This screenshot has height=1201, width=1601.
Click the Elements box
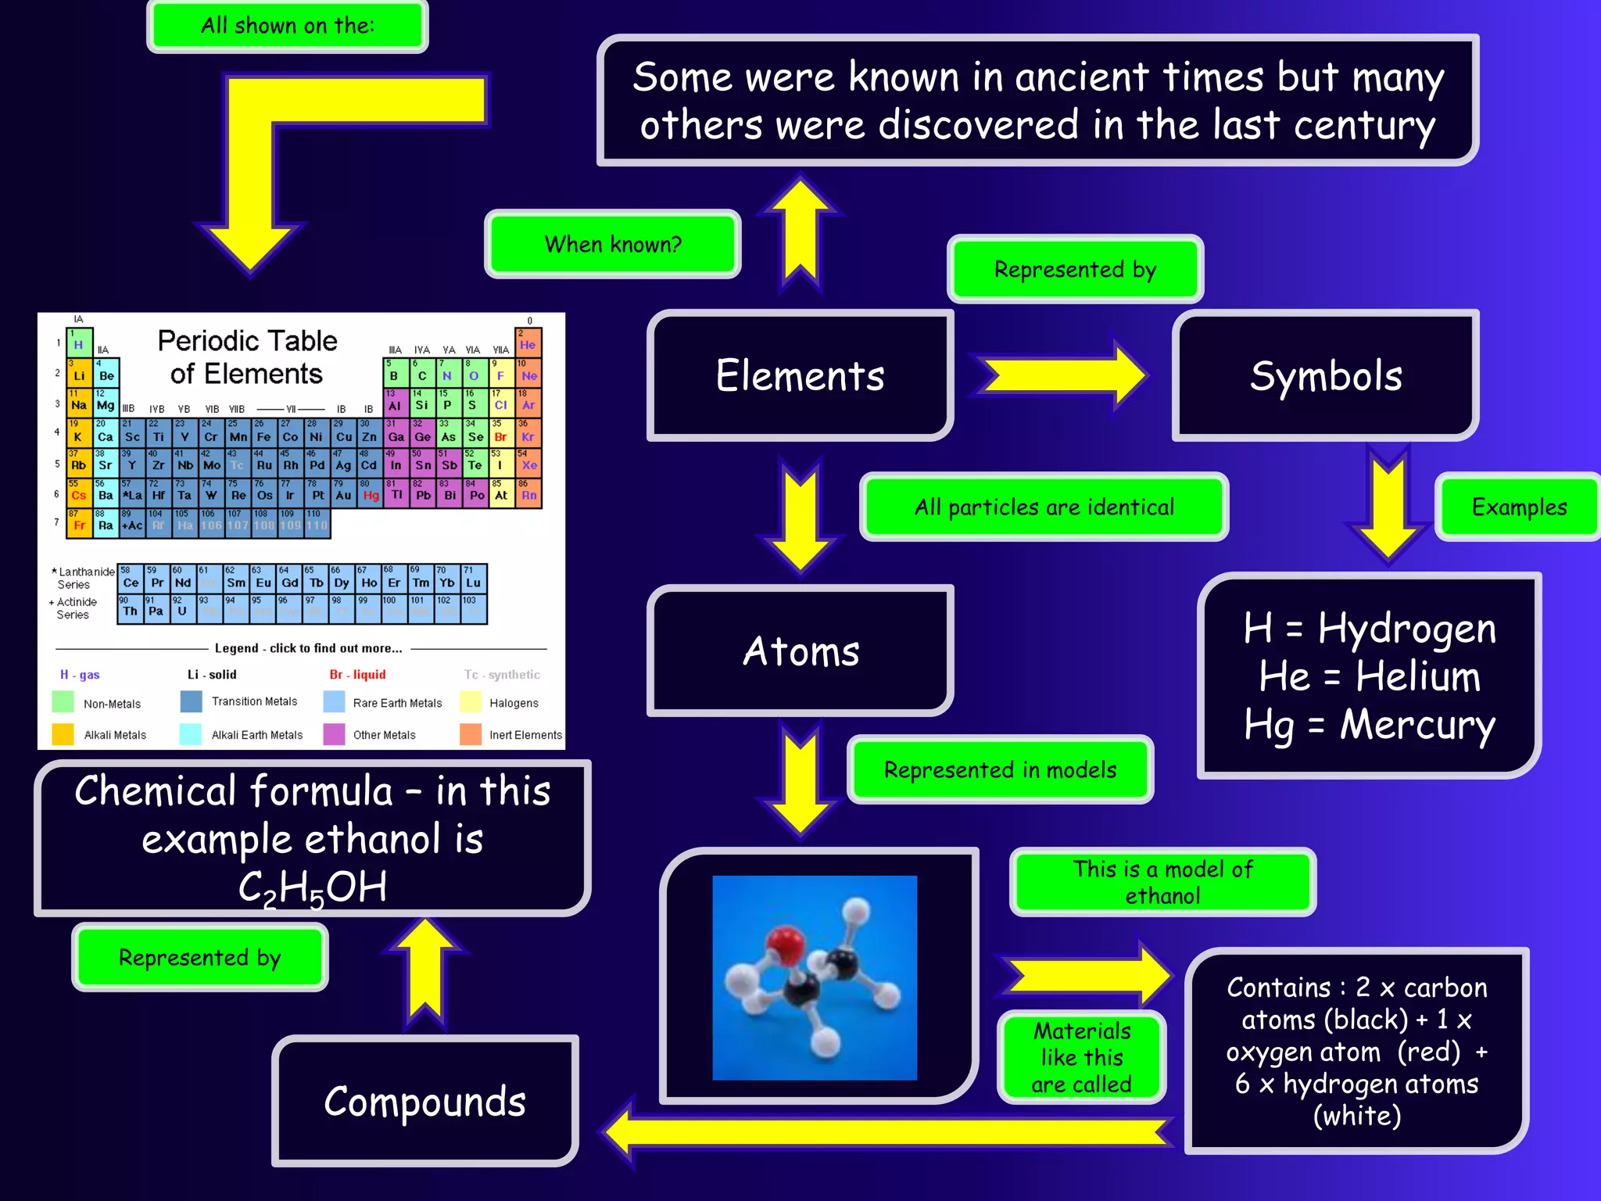[x=800, y=375]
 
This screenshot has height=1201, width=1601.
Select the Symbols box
[x=1326, y=375]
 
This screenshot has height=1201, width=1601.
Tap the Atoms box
[x=800, y=651]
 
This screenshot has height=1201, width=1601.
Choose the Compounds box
[x=424, y=1101]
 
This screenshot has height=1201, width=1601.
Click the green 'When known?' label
[x=613, y=244]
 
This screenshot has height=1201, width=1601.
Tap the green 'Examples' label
[x=1519, y=507]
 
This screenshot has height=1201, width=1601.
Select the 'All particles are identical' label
[x=1044, y=507]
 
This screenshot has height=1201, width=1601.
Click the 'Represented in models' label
[x=1000, y=769]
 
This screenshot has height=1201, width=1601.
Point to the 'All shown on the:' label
[x=287, y=26]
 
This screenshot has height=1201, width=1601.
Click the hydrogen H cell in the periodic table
[x=78, y=343]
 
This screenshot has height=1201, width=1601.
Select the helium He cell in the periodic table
[x=528, y=343]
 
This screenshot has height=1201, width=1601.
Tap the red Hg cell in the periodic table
[x=371, y=495]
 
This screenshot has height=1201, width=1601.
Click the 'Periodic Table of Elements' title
[x=247, y=357]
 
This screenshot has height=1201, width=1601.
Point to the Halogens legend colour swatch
[x=471, y=702]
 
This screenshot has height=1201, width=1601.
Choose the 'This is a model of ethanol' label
[x=1162, y=882]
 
